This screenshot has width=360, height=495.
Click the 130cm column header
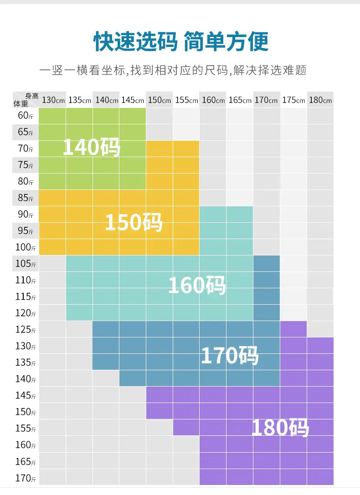coord(53,100)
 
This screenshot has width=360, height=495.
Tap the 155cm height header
coord(187,100)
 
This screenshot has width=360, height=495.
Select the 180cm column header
coord(320,100)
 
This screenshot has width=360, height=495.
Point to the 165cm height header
coord(240,100)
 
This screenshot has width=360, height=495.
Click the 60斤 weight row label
coord(26,116)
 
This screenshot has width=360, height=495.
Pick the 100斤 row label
coord(26,247)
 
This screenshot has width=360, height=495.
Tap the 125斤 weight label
coord(26,330)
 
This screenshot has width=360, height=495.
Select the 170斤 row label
coord(26,478)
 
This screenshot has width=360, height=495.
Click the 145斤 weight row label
coord(26,395)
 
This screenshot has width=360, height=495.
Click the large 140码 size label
coord(92,147)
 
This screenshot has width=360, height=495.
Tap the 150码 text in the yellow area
coord(134,222)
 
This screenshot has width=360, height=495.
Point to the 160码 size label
coord(197,285)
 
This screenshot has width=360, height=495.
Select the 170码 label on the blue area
coord(230,356)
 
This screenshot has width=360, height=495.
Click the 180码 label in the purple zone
coord(280,428)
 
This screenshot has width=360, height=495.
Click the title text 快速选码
coord(135,41)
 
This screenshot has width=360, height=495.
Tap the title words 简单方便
coord(226,41)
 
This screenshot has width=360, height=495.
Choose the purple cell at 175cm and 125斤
coord(293,329)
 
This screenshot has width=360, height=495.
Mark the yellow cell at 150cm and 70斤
coord(159,149)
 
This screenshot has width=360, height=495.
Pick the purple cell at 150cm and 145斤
coord(159,395)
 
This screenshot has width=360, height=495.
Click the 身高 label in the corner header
coord(32,96)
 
